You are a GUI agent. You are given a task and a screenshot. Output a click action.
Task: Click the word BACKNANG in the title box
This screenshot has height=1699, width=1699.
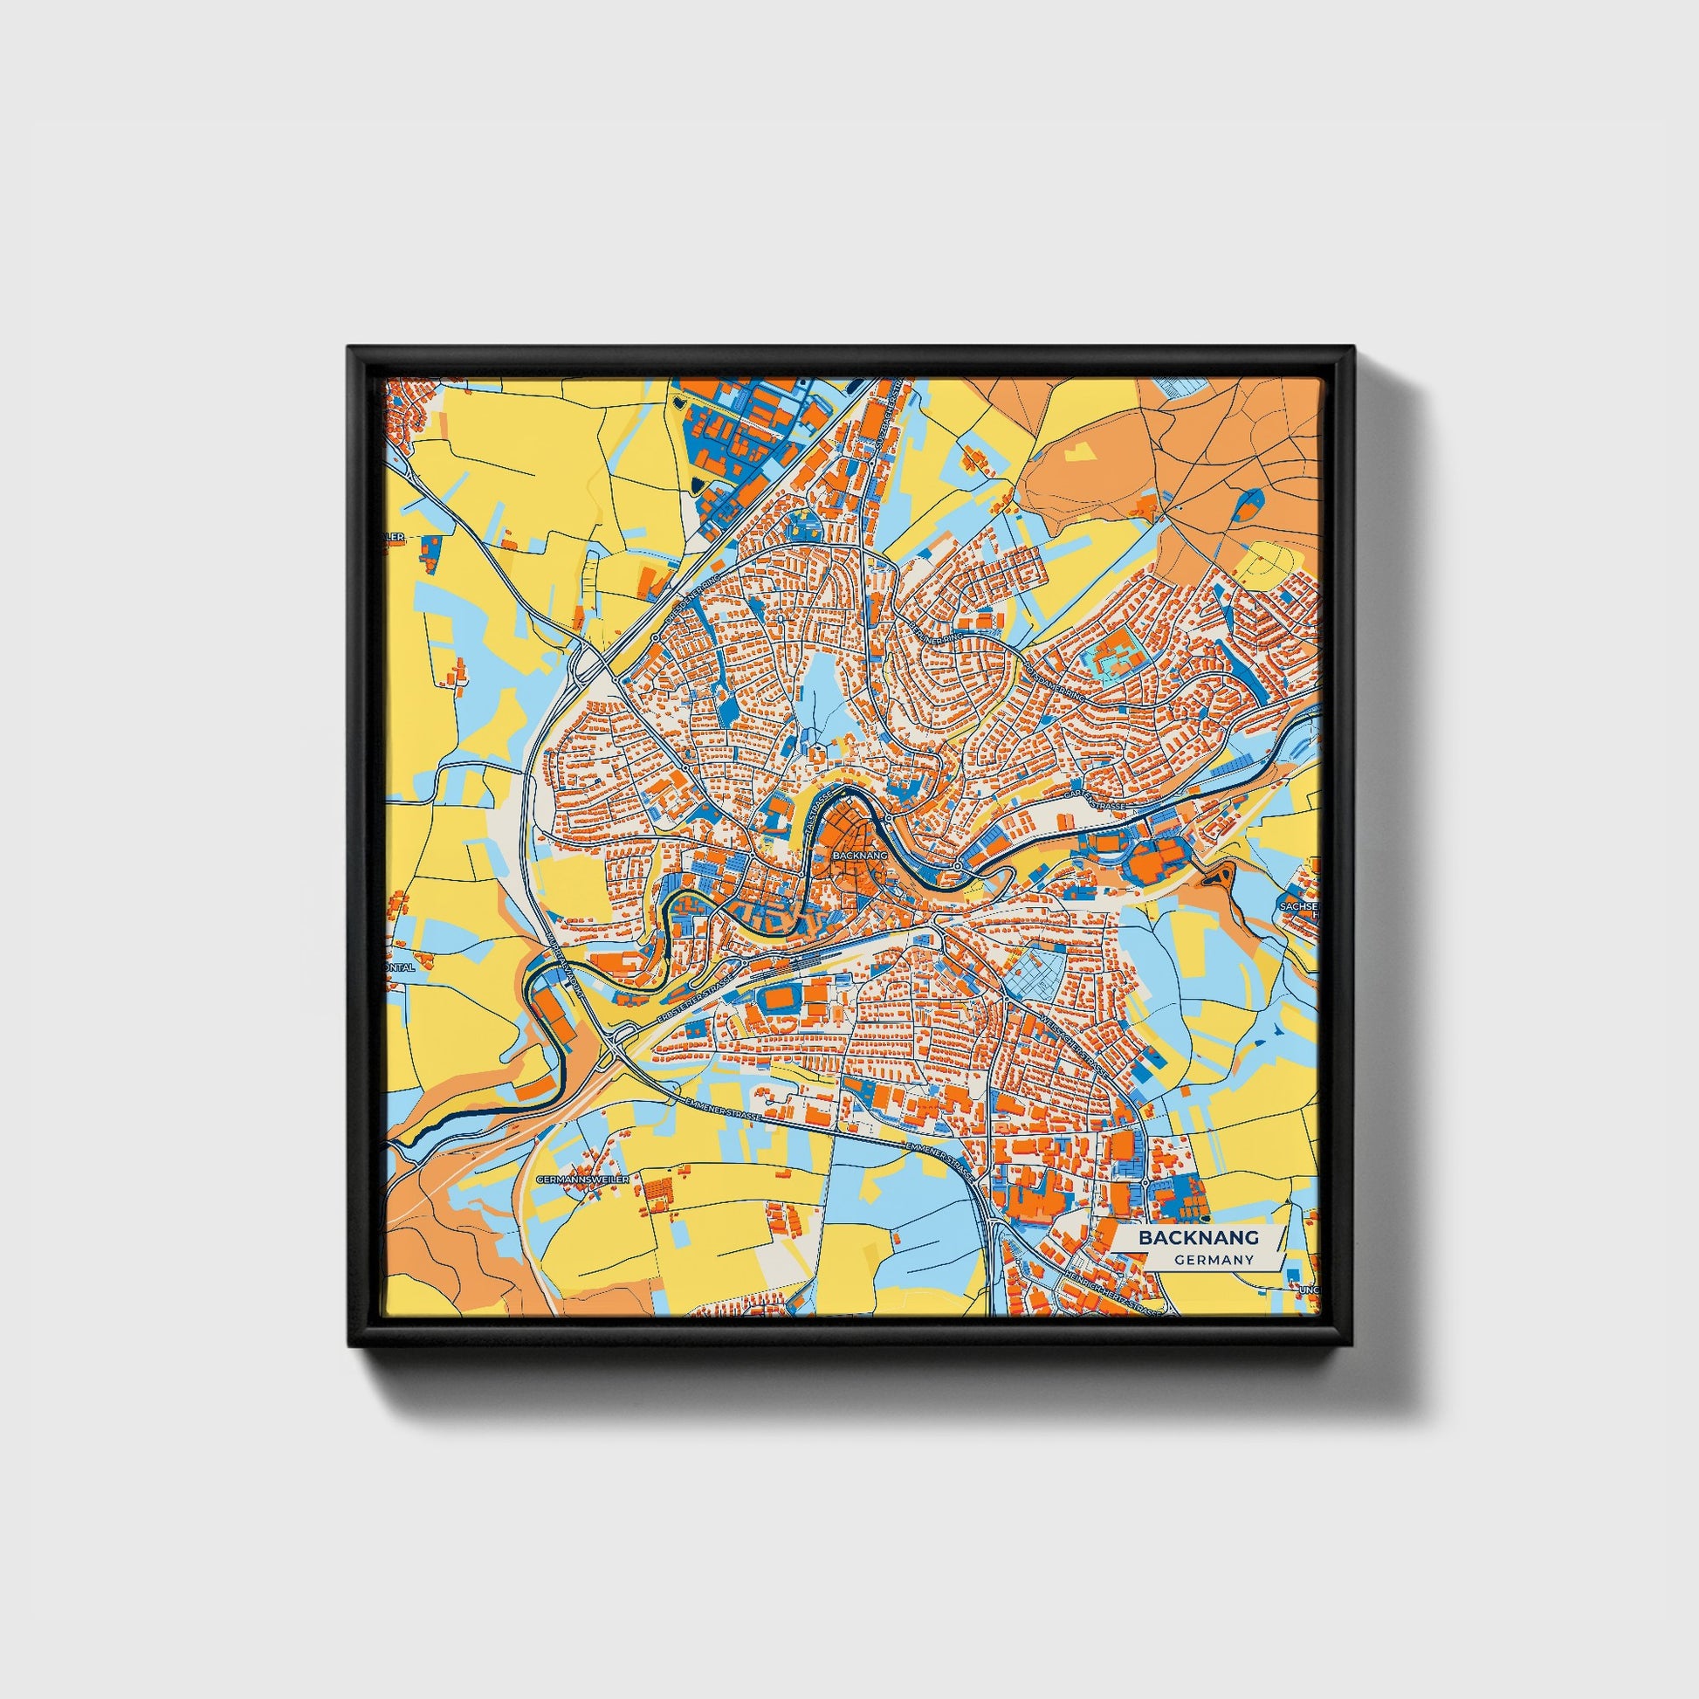click(1199, 1237)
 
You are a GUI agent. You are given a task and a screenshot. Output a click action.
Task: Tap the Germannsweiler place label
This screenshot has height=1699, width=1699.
click(581, 1179)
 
